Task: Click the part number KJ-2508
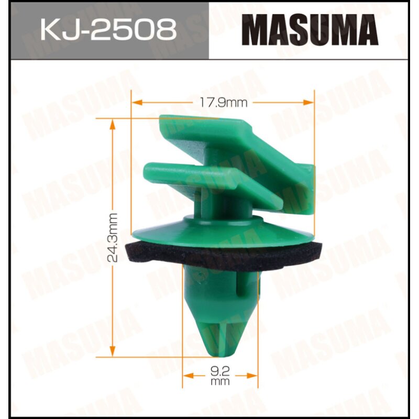tap(108, 30)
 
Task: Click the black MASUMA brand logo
tap(313, 30)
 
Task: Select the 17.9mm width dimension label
tap(223, 103)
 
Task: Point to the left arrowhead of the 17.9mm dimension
tap(135, 103)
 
